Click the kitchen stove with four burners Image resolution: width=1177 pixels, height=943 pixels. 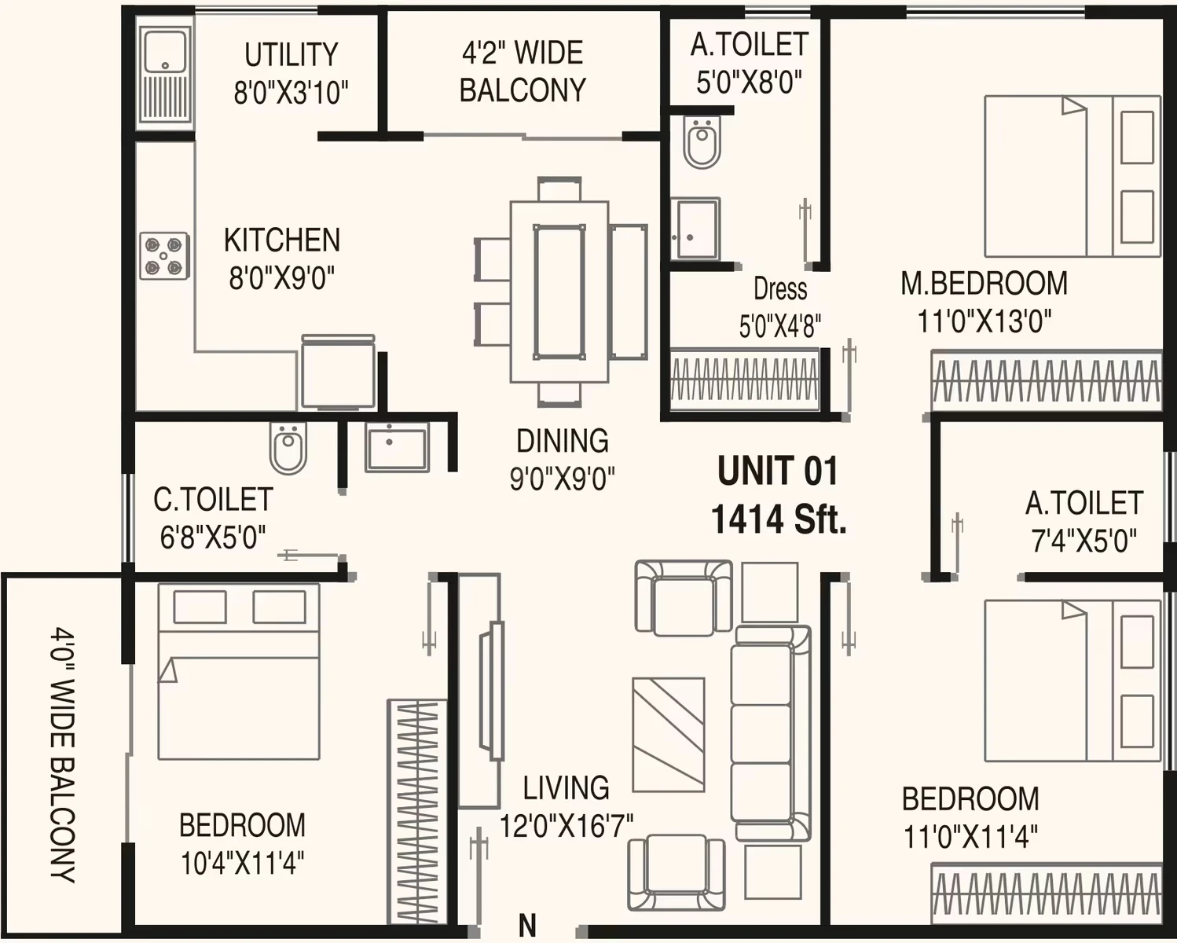coord(165,256)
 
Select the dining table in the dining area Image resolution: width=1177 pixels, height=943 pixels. coord(559,292)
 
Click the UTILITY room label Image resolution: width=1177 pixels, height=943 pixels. coord(291,55)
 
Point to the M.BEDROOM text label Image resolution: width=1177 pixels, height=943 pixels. coord(984,284)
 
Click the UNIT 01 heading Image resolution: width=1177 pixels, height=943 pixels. coord(778,471)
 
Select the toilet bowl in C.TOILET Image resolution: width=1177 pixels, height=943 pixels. coord(288,448)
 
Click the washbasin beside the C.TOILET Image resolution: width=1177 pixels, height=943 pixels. coord(397,448)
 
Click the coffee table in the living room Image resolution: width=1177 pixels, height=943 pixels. coord(669,735)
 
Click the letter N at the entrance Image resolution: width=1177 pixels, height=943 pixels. coord(527,926)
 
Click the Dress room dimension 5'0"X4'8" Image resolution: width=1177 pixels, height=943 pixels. coord(780,327)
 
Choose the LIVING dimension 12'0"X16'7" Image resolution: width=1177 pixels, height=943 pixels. coord(566,826)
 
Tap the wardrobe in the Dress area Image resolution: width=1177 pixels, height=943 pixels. coord(744,379)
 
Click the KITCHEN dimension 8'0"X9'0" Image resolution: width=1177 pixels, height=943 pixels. coord(281,278)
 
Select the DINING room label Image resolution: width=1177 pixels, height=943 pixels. coord(563,441)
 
